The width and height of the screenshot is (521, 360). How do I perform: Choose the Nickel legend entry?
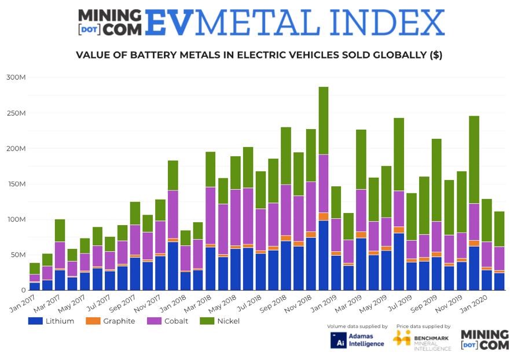[x=221, y=321]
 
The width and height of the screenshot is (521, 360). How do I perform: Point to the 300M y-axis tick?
[x=16, y=78]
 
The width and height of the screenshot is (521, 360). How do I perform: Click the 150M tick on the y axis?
[x=16, y=184]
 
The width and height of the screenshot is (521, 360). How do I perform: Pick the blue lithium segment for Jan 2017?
[x=35, y=286]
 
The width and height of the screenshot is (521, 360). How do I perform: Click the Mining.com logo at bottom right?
[x=485, y=340]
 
